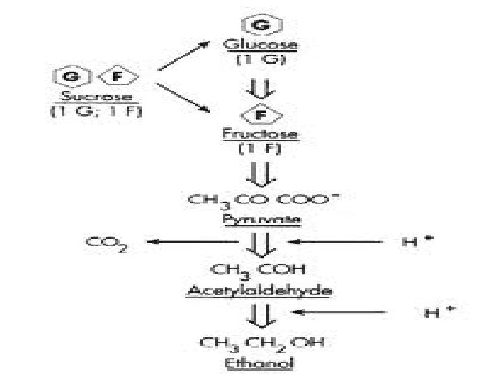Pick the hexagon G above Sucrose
pos(71,76)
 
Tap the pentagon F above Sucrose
pos(111,76)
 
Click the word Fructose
pos(260,134)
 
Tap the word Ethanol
pos(260,363)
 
